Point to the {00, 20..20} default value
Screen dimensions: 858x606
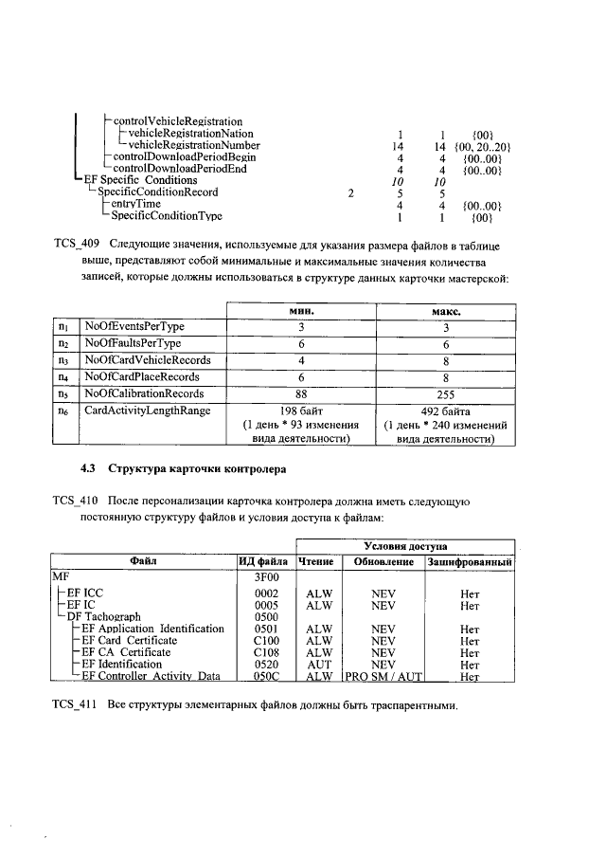(x=483, y=146)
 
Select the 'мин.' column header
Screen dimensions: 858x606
(x=301, y=310)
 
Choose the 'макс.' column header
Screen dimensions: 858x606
(x=445, y=310)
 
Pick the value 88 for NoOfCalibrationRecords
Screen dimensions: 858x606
(x=301, y=393)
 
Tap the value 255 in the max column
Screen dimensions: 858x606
(x=445, y=393)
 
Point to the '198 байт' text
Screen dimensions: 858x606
(x=301, y=411)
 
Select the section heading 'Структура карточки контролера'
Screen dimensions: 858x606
(x=197, y=469)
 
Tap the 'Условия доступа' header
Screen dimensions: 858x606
(x=405, y=546)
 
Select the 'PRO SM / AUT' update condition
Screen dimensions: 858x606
(x=384, y=677)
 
